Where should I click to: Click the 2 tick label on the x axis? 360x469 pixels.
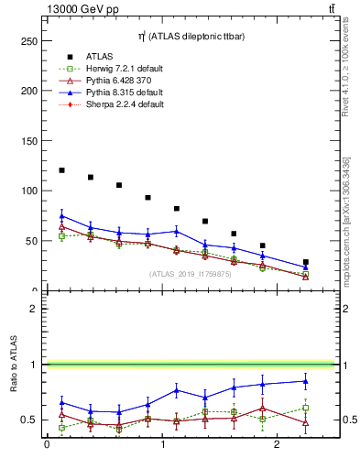(x=278, y=445)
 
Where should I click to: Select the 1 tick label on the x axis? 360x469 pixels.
(x=162, y=445)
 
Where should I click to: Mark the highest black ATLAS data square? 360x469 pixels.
(x=61, y=170)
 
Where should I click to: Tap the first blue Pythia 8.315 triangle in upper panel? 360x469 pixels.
(x=61, y=216)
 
